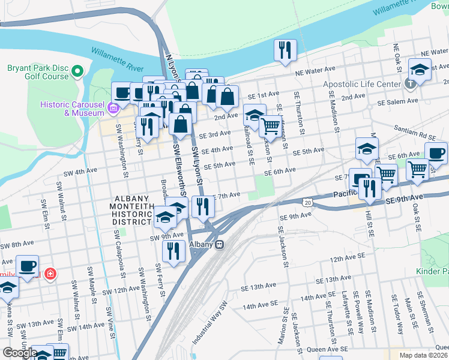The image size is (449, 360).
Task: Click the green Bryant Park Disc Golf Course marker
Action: pyautogui.click(x=77, y=72)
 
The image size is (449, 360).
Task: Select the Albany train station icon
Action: pyautogui.click(x=220, y=244)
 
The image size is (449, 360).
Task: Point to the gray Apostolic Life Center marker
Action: pyautogui.click(x=411, y=84)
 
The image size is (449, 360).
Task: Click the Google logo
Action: pyautogui.click(x=19, y=353)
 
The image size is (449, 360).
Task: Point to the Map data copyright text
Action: pyautogui.click(x=424, y=355)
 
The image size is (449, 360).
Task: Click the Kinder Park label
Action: pyautogui.click(x=432, y=272)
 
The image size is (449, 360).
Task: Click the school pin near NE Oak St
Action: pyautogui.click(x=420, y=69)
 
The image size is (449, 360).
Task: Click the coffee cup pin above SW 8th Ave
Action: pyautogui.click(x=27, y=266)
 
